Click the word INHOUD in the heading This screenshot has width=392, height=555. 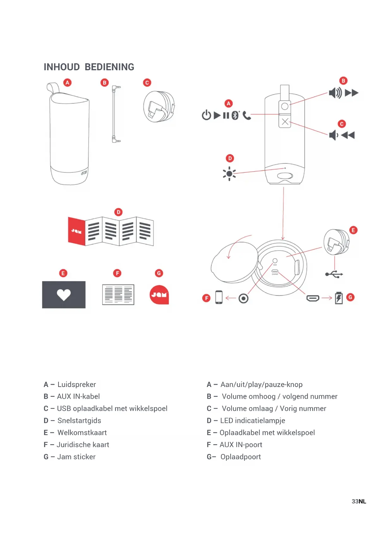point(62,67)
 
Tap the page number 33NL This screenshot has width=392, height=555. point(359,501)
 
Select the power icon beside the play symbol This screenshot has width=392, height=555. point(206,115)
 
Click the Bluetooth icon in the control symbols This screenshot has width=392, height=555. point(235,115)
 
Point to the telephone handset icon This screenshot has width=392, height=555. point(247,116)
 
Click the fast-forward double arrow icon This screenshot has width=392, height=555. point(352,93)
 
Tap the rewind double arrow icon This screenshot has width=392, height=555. point(348,135)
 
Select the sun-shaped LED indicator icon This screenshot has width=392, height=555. point(229,174)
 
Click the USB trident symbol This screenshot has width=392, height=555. point(334,274)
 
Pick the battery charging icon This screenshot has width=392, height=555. point(339,298)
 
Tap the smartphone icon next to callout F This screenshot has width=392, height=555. point(219,297)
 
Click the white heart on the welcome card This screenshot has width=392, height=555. point(64,295)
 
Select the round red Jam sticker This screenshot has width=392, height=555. point(159,295)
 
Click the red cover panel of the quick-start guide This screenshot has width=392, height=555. point(76,231)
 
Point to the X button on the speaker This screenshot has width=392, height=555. point(285,122)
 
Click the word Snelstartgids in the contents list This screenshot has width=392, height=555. point(79,421)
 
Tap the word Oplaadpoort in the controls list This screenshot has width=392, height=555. point(241,457)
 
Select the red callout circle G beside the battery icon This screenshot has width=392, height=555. point(350,297)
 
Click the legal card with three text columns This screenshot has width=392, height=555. point(118,295)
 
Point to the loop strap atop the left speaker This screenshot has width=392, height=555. point(53,88)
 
